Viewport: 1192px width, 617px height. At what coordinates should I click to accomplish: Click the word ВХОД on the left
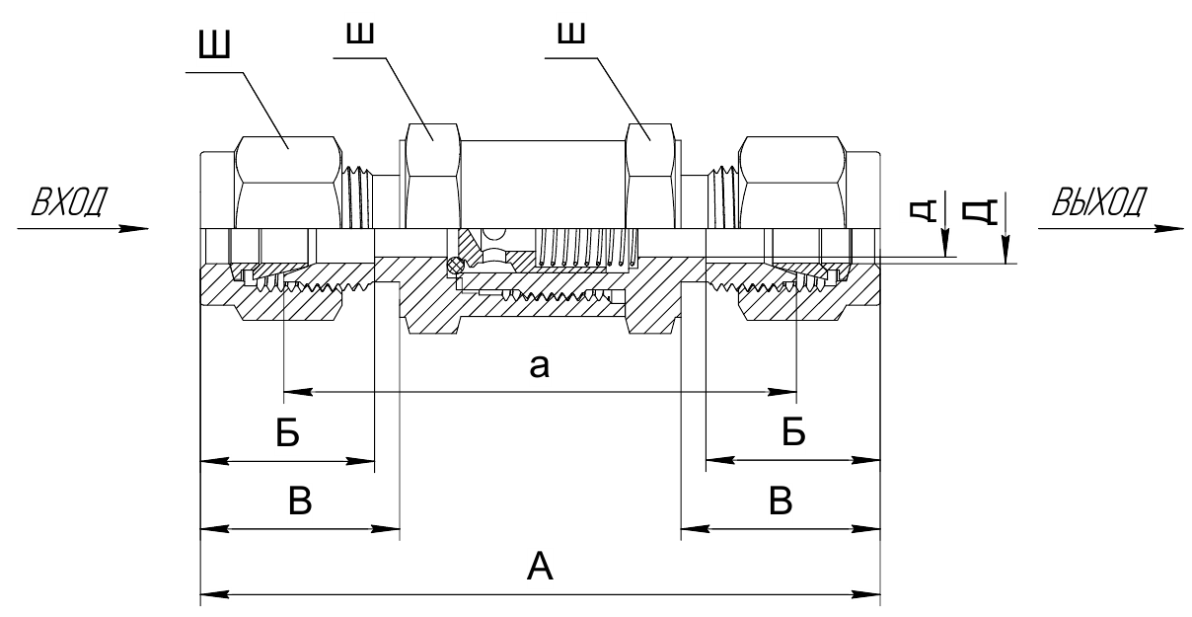point(69,201)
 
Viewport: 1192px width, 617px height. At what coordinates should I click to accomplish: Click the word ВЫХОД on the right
point(1099,201)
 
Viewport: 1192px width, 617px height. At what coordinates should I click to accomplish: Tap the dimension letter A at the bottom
point(540,567)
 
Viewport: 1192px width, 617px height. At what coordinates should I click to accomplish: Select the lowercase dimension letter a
point(539,366)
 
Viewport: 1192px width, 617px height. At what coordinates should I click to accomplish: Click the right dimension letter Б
point(793,431)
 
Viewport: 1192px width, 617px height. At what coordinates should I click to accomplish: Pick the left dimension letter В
point(300,501)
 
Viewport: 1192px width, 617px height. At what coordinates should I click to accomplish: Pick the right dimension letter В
point(781,501)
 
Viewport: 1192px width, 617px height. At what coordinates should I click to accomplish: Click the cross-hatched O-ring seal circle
point(454,266)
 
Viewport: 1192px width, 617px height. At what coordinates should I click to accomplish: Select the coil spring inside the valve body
point(588,248)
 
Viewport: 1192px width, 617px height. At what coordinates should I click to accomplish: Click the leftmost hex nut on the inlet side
point(288,183)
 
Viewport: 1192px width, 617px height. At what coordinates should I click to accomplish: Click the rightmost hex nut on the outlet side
point(791,183)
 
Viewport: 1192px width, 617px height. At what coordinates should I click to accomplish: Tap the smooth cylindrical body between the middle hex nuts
point(543,185)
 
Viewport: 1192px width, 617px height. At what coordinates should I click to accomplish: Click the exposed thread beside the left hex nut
point(358,197)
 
